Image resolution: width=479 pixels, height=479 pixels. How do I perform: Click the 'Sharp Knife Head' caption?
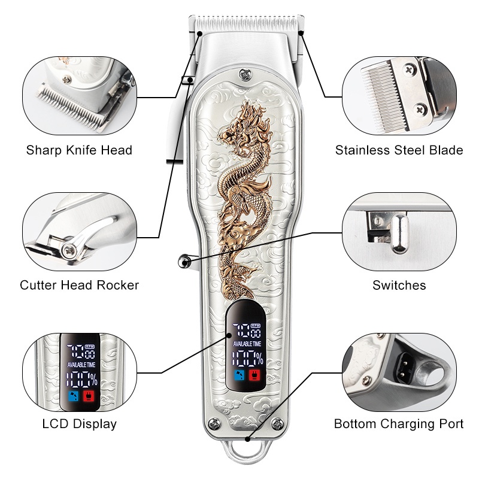point(79,150)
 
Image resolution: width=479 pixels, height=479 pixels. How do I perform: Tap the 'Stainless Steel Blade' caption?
point(399,150)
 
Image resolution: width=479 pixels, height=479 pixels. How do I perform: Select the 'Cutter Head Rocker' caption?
point(79,285)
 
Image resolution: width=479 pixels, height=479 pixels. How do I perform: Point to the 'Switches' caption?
point(399,285)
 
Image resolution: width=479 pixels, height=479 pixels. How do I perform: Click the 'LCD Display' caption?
point(79,424)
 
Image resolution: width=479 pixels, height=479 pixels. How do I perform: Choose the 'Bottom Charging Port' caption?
point(399,424)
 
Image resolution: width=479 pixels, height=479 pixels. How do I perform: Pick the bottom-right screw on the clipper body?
point(276,425)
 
